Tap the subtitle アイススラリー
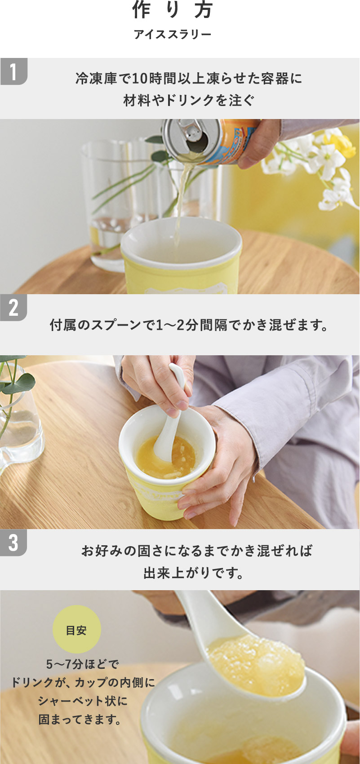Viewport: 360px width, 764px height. pos(173,35)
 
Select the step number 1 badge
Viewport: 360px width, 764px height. pos(13,71)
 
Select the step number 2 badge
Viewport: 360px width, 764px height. pos(13,307)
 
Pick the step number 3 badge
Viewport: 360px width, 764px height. pos(13,542)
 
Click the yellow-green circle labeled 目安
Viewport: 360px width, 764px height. pos(76,629)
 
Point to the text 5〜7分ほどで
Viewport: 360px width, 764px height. pos(83,664)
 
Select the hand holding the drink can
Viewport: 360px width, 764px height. pos(261,143)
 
